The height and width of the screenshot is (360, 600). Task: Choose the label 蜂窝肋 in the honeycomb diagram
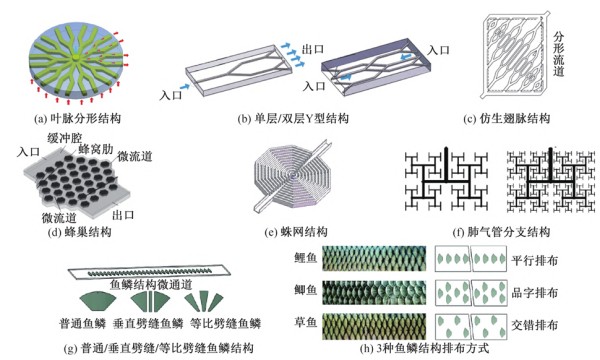coord(103,148)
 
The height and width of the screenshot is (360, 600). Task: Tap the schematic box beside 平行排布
coord(475,258)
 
